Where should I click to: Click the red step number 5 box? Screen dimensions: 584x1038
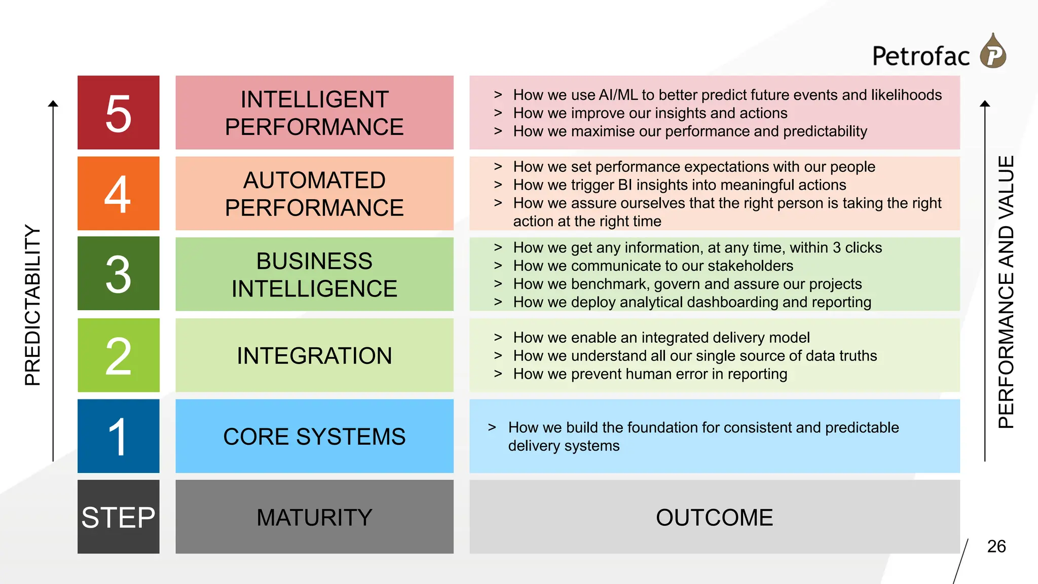(118, 113)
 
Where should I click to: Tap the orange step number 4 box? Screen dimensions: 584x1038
(118, 193)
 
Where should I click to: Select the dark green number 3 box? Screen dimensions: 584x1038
(118, 274)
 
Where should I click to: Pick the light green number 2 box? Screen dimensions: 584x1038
(118, 355)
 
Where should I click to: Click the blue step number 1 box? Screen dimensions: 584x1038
(118, 436)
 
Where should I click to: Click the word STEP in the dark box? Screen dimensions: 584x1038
(118, 517)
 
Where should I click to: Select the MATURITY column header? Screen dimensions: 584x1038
(314, 517)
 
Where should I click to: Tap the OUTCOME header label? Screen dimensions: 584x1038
(714, 517)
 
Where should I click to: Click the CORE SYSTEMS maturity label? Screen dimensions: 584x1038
(314, 436)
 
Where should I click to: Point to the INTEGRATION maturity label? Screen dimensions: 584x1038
(314, 355)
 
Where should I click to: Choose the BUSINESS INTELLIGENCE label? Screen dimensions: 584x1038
(314, 274)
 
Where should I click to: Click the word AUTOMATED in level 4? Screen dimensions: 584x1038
(314, 180)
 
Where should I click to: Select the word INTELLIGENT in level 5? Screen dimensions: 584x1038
(314, 99)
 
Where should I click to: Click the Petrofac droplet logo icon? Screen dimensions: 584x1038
(993, 52)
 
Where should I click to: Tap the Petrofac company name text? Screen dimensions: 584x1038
(920, 56)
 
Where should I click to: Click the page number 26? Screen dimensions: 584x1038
(996, 546)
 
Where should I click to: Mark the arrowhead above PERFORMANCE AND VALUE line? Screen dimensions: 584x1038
(985, 103)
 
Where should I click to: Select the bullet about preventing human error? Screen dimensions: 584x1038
(650, 374)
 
